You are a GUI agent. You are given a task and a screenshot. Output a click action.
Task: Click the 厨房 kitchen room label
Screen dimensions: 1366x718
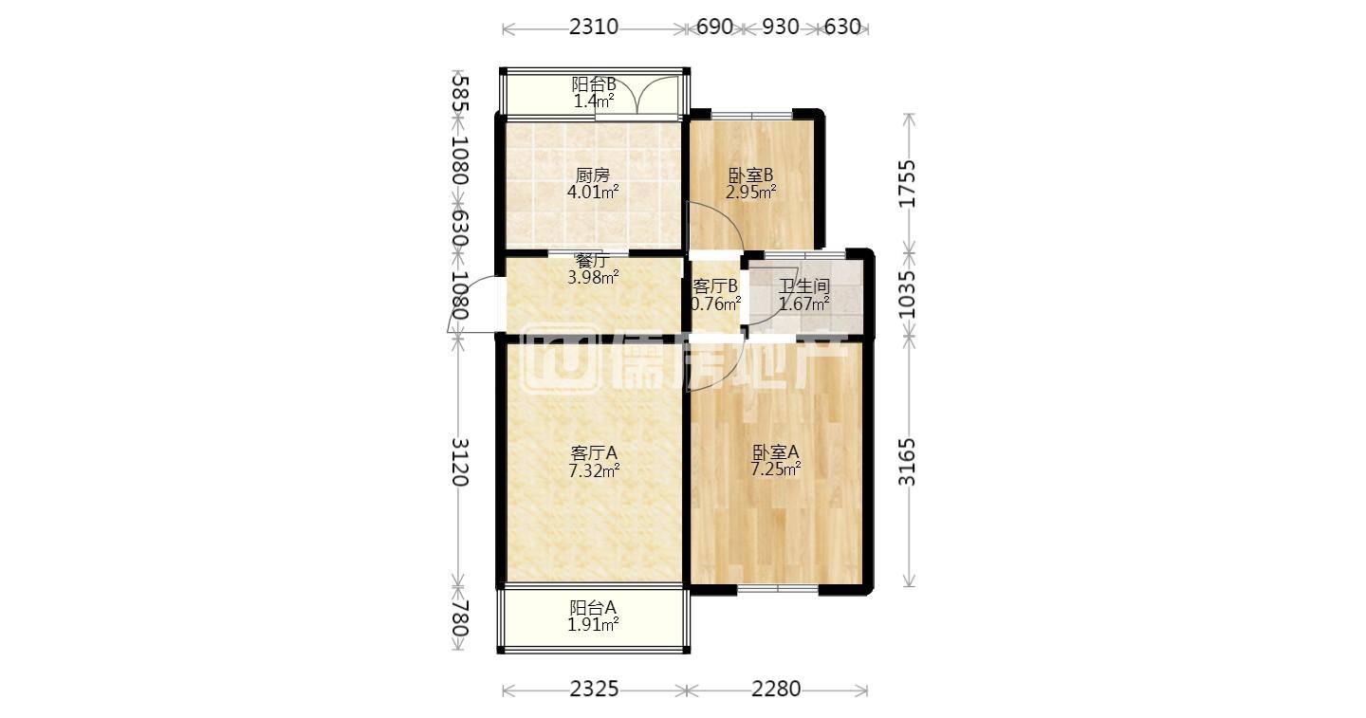593,175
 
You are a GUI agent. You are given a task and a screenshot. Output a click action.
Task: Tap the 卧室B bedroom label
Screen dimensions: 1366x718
750,175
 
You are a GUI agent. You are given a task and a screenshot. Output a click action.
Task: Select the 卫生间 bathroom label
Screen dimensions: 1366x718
803,285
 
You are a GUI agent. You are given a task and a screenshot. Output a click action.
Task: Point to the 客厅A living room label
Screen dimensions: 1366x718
594,452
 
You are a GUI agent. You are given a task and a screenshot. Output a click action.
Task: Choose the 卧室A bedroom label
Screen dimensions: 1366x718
775,452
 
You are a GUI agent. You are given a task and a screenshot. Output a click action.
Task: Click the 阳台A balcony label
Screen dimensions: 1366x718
593,608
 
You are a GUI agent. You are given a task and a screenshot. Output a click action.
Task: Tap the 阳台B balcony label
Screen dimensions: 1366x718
594,84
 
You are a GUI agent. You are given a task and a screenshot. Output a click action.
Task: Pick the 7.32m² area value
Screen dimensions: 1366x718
594,470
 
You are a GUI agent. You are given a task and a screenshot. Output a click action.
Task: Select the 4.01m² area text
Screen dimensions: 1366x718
593,193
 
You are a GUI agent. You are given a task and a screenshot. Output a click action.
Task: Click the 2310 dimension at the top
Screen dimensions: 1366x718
594,27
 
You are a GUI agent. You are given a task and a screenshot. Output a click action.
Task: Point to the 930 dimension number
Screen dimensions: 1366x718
781,27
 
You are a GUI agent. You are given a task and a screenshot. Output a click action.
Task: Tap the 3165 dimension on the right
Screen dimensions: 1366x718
908,461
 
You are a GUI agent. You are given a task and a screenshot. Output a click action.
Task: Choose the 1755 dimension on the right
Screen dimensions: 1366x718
908,183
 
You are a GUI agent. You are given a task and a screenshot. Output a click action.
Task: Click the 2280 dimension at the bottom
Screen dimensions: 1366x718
776,689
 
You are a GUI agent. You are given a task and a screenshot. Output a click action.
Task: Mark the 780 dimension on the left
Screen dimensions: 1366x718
460,618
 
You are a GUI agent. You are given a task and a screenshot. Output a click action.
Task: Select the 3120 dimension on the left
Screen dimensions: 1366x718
460,461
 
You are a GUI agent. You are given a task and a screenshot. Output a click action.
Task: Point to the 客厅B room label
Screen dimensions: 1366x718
715,285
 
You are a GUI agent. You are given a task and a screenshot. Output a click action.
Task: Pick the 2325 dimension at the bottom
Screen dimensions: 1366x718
594,689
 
